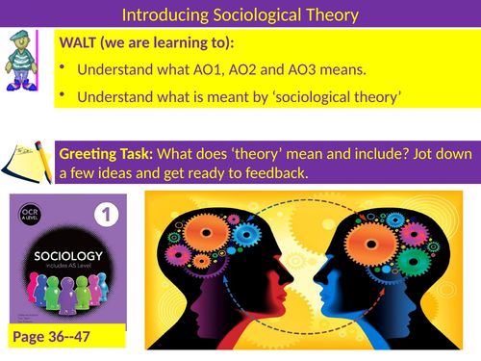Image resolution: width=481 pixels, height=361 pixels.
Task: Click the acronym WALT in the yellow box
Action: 83,45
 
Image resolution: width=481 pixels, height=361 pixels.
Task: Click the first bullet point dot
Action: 63,69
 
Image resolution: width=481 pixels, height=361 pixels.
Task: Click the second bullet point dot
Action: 63,96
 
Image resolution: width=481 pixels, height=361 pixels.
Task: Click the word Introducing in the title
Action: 161,14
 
